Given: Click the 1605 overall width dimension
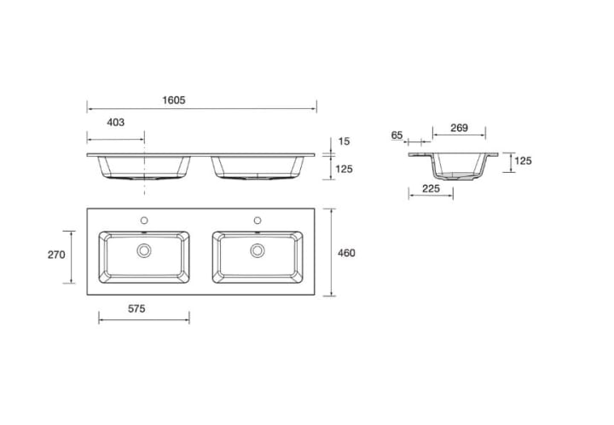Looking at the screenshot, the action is tap(174, 101).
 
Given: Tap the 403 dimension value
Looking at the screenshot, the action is tap(115, 123).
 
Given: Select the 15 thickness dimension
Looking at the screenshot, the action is tap(344, 141).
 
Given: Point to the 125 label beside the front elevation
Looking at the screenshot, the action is tap(344, 169).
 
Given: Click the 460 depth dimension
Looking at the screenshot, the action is tap(346, 253).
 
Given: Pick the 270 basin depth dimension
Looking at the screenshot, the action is tap(56, 255).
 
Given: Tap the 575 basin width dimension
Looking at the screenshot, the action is tap(136, 309).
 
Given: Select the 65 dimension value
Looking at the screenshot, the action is tap(397, 135).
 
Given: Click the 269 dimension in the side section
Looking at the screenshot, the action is tap(459, 128).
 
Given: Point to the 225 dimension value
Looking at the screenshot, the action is tap(431, 188).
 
